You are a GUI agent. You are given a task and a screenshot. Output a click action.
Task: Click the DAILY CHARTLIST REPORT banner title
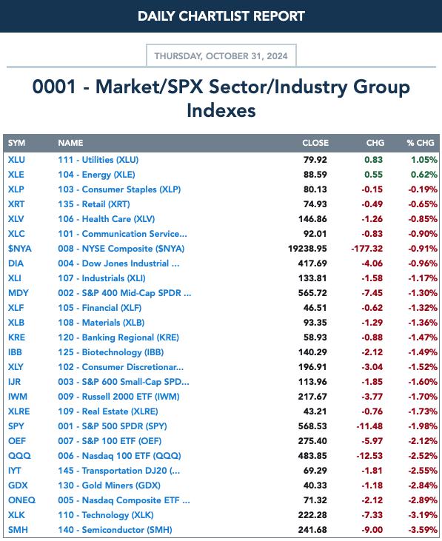coord(221,16)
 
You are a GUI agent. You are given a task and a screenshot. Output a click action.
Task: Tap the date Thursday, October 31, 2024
coord(221,56)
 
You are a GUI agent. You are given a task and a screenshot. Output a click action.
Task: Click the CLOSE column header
coord(315,143)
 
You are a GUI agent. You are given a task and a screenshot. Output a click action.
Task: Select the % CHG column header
coord(421,143)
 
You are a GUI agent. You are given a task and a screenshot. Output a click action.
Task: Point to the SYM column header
coord(16,143)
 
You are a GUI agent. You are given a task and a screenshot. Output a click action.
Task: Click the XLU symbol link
coord(16,160)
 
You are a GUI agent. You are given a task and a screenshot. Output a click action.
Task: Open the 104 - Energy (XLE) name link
coord(96,175)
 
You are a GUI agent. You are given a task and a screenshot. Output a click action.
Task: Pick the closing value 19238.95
coord(307,249)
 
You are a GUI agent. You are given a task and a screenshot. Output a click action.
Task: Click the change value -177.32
coord(366,249)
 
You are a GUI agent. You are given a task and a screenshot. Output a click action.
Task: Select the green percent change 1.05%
coord(424,160)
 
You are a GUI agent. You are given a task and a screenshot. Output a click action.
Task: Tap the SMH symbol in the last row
coord(18,530)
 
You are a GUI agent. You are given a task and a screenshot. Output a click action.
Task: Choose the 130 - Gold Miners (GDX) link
coord(109,485)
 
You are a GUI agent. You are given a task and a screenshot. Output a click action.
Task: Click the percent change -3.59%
coord(423,530)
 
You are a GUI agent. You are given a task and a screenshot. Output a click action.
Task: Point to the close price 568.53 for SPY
coord(312,426)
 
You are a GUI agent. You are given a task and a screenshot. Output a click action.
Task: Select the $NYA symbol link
coord(20,249)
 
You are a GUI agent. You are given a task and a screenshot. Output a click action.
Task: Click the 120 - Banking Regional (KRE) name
coord(118,337)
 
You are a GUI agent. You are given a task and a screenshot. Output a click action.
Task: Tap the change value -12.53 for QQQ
coord(369,456)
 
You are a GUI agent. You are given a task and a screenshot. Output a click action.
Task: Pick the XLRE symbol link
coord(19,411)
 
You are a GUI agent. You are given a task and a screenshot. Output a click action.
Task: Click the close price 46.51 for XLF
coord(315,308)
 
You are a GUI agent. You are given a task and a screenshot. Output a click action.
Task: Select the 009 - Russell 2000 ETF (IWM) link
coord(118,397)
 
